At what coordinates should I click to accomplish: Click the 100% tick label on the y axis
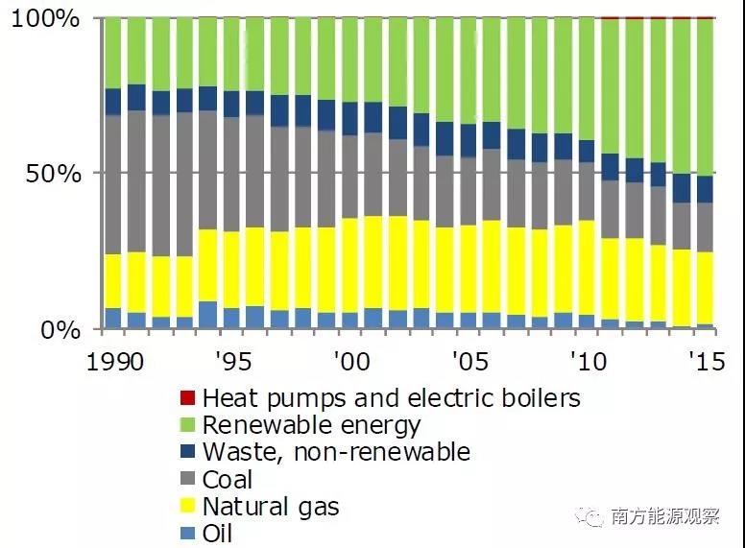point(45,19)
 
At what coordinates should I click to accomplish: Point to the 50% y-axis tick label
point(53,174)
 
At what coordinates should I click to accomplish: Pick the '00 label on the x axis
point(349,362)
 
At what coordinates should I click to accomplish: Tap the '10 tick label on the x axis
point(588,362)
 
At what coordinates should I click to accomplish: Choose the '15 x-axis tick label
point(706,362)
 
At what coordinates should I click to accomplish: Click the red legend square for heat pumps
point(187,397)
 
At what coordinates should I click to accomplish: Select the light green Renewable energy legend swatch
point(187,424)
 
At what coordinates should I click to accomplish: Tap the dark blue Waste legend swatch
point(187,452)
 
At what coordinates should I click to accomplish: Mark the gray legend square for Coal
point(187,480)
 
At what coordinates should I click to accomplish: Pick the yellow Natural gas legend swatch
point(187,507)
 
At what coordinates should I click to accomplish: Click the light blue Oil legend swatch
point(187,534)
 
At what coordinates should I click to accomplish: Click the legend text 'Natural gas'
point(271,507)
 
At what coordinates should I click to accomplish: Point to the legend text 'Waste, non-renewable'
point(336,452)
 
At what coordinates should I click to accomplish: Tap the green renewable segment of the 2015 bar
point(706,96)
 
